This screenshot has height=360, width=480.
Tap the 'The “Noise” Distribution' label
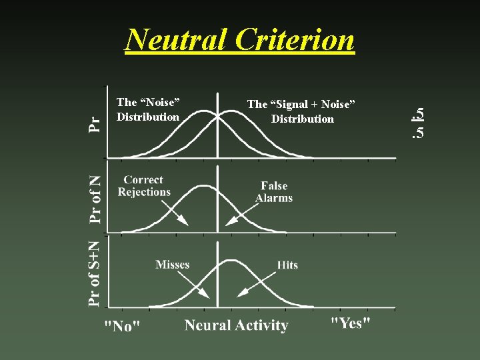(148, 109)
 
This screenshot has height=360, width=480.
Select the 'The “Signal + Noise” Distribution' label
(302, 111)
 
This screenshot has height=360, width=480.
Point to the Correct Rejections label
(143, 186)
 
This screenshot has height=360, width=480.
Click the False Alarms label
(274, 192)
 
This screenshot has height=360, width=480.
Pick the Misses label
(173, 265)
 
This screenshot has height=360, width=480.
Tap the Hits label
(287, 265)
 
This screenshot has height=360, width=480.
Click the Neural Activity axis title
(236, 325)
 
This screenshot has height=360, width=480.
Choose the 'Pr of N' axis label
(96, 198)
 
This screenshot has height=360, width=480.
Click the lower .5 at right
(417, 133)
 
